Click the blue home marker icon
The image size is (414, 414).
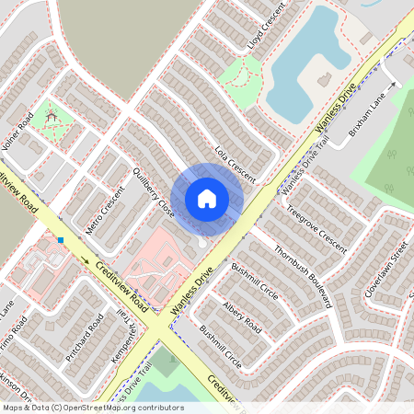pos(207,198)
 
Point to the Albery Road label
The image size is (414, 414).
pos(241,317)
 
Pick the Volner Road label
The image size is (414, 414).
pos(17,130)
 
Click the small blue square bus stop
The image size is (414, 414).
pos(61,240)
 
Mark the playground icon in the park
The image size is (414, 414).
pos(52,117)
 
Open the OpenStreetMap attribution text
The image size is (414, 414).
pos(93,408)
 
